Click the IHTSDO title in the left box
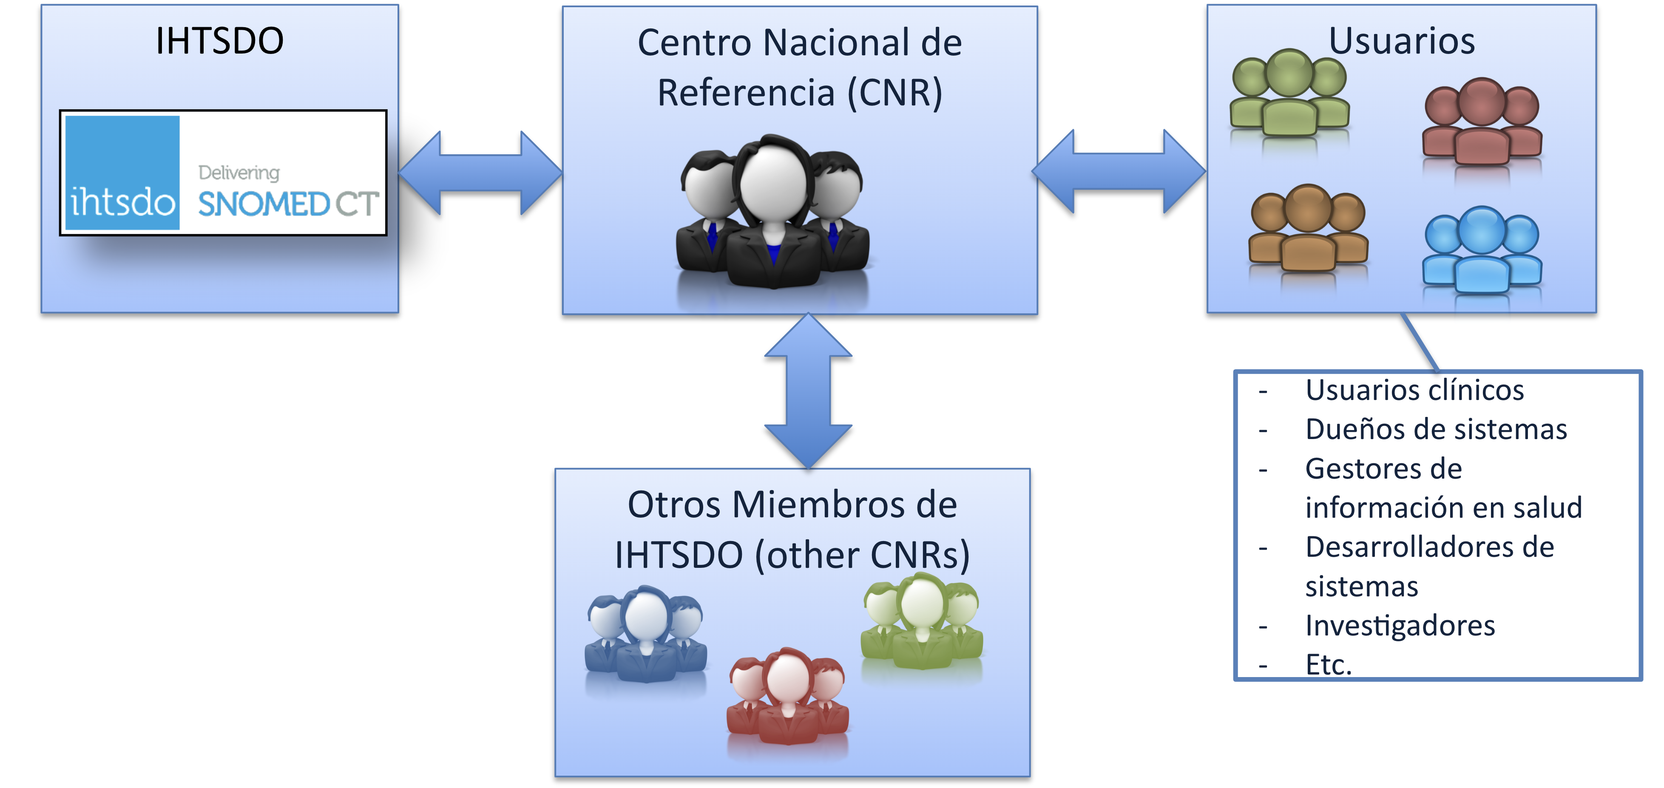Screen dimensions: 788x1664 point(220,41)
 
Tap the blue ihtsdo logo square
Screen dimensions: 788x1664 point(123,173)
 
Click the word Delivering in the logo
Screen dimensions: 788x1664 point(239,173)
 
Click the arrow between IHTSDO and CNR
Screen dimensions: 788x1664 point(480,173)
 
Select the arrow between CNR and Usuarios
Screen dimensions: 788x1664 point(1119,171)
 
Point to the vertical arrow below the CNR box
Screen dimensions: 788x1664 point(808,391)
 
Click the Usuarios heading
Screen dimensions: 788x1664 point(1402,41)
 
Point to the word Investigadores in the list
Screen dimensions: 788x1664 point(1400,625)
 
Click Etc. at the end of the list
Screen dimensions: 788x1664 point(1328,665)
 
